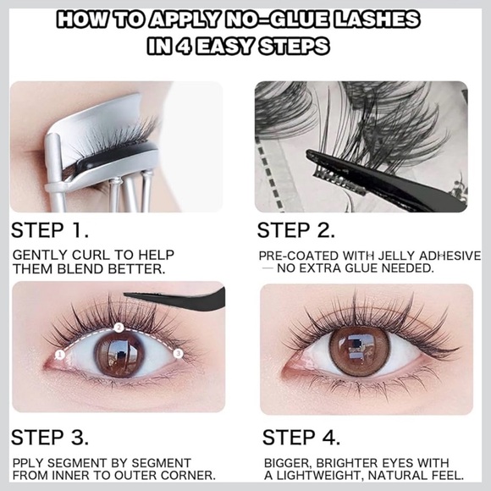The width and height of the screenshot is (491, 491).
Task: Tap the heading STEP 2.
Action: tap(296, 230)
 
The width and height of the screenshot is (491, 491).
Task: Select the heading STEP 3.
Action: tap(50, 438)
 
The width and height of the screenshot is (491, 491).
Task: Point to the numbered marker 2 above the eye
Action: tap(119, 326)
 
